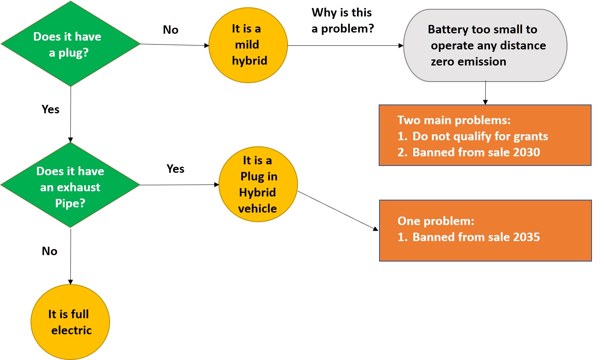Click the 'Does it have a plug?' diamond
click(x=70, y=44)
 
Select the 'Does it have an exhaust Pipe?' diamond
click(x=70, y=185)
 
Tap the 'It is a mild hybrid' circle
click(x=248, y=45)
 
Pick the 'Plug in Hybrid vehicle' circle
click(x=258, y=184)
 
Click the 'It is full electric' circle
click(x=70, y=322)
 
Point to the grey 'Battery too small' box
click(x=485, y=45)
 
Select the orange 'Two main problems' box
click(x=485, y=135)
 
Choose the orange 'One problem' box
click(x=485, y=230)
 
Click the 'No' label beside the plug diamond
click(x=171, y=30)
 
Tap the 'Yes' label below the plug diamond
click(x=51, y=109)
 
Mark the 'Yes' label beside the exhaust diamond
click(x=175, y=169)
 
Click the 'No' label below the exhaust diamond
click(x=50, y=251)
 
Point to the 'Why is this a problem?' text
click(x=342, y=20)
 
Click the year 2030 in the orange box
click(x=526, y=152)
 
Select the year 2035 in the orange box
click(x=526, y=237)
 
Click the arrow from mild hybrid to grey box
click(x=345, y=45)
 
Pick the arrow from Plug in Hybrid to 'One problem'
click(x=337, y=211)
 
